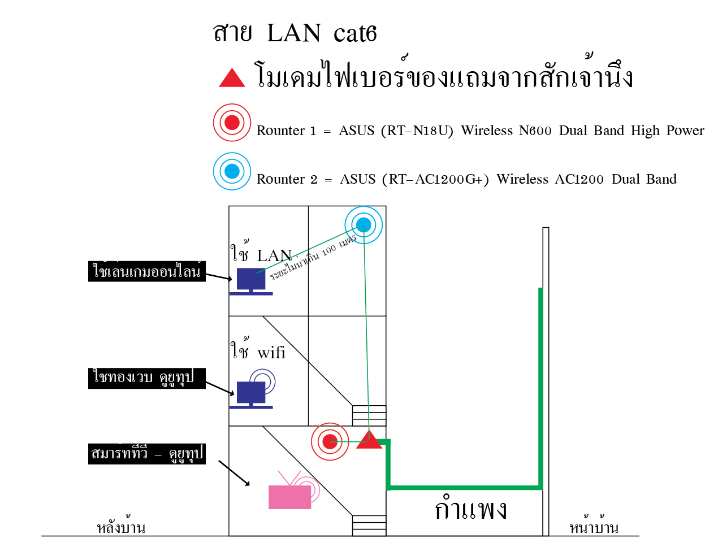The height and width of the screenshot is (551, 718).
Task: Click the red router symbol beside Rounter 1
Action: click(232, 123)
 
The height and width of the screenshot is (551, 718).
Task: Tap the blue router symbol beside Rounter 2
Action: click(232, 171)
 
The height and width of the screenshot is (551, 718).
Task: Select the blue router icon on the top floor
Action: click(364, 225)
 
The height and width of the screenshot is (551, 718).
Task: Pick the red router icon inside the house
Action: click(330, 441)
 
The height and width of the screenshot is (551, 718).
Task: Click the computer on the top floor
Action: click(251, 281)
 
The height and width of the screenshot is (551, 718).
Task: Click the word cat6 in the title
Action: click(355, 33)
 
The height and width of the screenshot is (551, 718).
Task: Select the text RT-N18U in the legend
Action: click(417, 131)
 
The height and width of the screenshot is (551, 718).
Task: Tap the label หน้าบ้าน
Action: click(594, 525)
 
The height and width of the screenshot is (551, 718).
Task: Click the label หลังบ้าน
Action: click(121, 525)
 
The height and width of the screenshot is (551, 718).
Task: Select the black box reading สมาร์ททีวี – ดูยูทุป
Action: click(146, 454)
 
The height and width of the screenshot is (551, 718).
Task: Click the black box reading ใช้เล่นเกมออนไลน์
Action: click(146, 271)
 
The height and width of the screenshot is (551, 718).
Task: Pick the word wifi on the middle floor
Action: click(271, 353)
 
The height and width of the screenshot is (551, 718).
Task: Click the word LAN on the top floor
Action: click(274, 255)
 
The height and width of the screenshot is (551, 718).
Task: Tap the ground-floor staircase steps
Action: click(369, 525)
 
